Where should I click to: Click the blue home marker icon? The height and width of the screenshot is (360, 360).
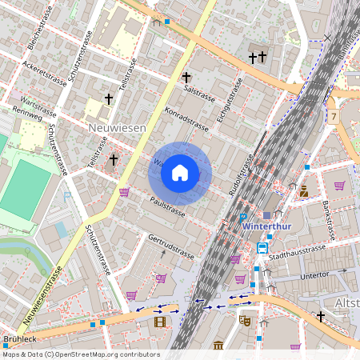click(180, 173)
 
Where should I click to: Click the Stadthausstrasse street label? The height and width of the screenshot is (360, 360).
click(298, 254)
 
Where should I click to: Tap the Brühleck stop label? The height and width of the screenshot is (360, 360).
click(19, 339)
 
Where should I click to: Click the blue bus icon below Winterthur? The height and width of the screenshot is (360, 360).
click(262, 248)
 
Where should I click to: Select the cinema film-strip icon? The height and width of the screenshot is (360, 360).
click(161, 322)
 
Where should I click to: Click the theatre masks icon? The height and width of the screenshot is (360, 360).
click(245, 320)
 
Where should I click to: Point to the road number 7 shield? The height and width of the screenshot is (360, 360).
click(332, 117)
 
